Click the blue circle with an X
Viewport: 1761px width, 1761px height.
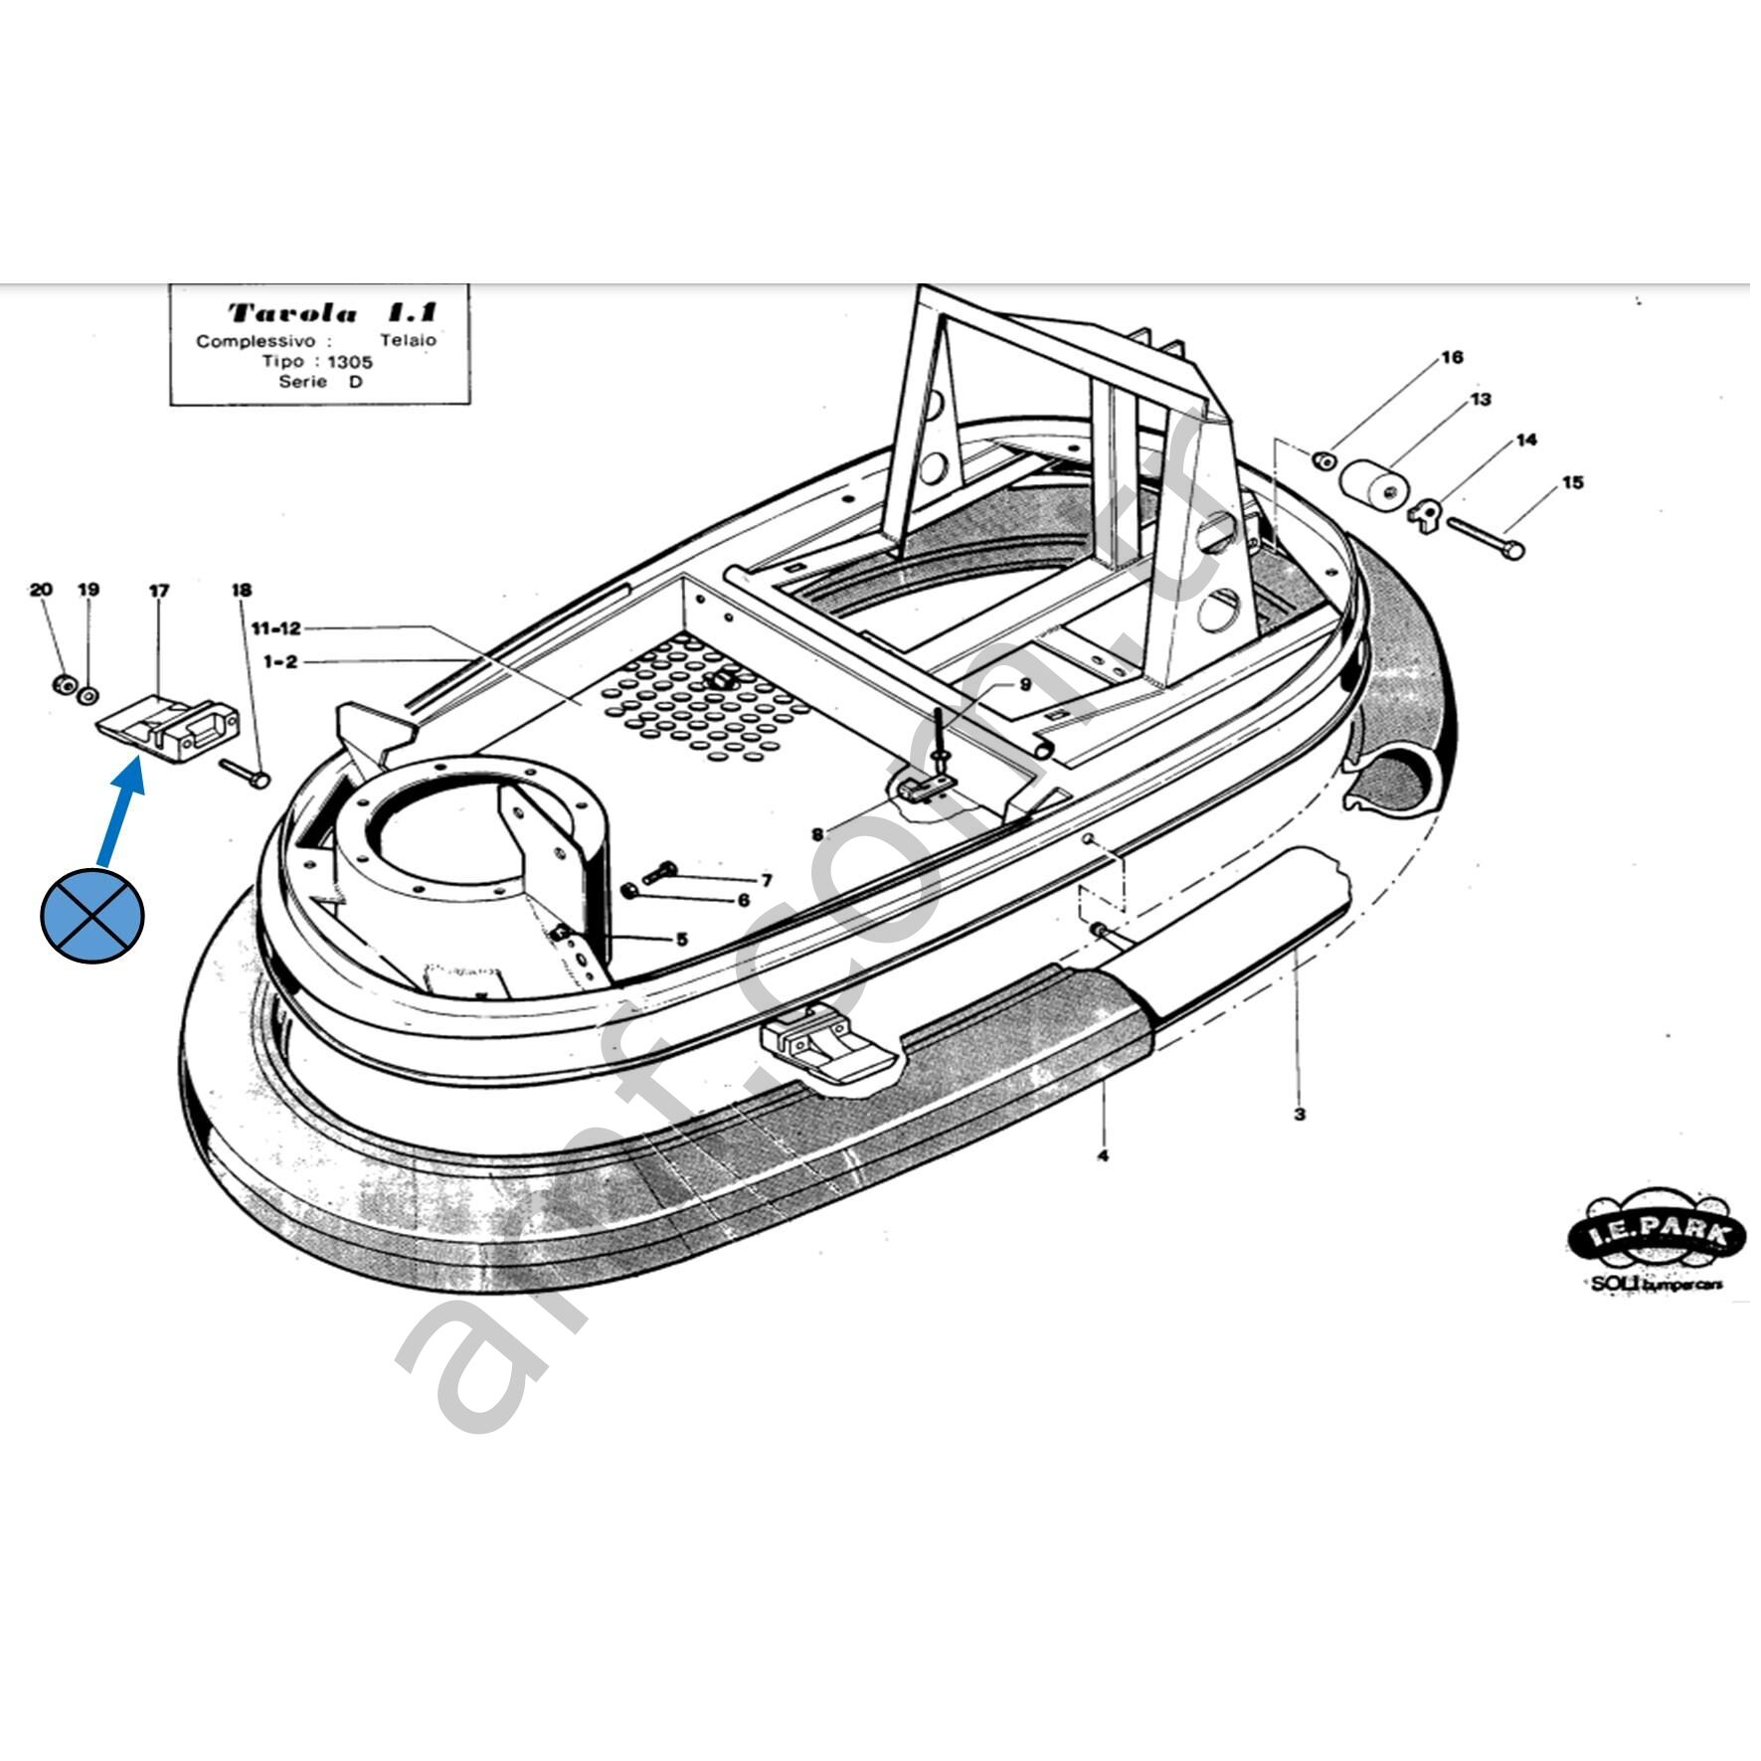click(x=91, y=916)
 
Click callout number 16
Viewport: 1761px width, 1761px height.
click(x=1452, y=358)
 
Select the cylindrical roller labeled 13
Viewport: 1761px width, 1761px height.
click(x=1374, y=484)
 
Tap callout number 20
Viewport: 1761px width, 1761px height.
click(x=41, y=590)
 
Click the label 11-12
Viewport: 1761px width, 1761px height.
click(x=275, y=628)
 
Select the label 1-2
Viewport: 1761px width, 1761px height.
click(x=279, y=661)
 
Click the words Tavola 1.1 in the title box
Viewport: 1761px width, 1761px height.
click(x=332, y=313)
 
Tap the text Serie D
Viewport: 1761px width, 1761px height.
click(x=320, y=382)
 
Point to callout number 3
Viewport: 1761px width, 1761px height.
click(x=1299, y=1114)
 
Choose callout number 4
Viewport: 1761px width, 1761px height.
click(x=1102, y=1155)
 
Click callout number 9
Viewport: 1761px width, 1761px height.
click(x=1025, y=685)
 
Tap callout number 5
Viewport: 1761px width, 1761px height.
click(x=681, y=940)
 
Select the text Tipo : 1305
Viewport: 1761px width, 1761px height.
click(x=318, y=361)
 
